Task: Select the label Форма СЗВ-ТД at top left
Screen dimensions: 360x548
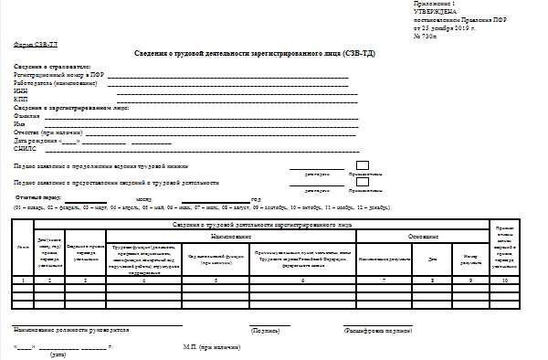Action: pos(35,44)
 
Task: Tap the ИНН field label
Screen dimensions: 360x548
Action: pos(20,93)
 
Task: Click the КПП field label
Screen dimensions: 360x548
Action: pos(20,100)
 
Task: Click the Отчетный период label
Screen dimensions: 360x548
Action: pos(37,197)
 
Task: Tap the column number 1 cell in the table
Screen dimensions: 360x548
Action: pos(22,281)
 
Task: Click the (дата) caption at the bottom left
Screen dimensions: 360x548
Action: pos(58,355)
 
